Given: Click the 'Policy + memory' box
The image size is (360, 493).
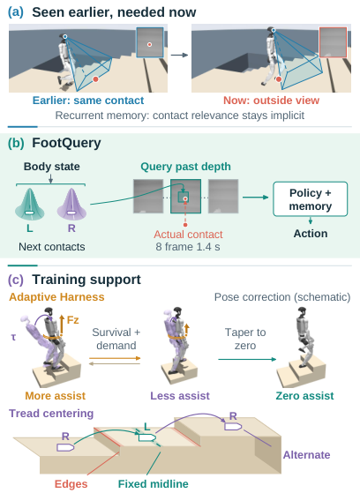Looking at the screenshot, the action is [311, 199].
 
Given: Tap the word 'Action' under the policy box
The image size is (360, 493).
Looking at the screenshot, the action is [311, 234].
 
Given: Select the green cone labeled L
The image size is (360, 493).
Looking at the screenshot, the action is [30, 204].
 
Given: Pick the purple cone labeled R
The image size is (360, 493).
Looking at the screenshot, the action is [71, 204].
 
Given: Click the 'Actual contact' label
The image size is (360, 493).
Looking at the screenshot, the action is [188, 235].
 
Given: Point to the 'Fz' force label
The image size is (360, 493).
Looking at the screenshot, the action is [72, 320].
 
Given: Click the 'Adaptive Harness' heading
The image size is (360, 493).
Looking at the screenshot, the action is [56, 297].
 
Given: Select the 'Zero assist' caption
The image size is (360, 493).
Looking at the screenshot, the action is [304, 395].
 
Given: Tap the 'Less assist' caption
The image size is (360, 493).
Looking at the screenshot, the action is [180, 395].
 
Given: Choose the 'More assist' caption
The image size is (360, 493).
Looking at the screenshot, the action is [55, 395].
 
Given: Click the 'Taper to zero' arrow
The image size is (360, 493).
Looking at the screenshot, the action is [247, 359].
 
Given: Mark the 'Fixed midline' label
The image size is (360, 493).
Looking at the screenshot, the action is [154, 483].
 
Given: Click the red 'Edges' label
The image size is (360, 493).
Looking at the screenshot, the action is [71, 484].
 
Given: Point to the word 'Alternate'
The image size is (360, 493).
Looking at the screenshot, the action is [306, 455].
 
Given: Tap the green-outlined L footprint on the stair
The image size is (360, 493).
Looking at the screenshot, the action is [147, 437].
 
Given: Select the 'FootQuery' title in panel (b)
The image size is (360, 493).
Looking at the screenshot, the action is [66, 143].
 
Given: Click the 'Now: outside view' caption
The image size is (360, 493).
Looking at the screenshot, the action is [271, 101].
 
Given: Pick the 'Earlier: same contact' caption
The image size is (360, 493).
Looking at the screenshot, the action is [88, 101].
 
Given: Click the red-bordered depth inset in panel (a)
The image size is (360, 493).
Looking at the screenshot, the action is [333, 42].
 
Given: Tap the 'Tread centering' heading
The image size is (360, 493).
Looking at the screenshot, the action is [51, 413].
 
